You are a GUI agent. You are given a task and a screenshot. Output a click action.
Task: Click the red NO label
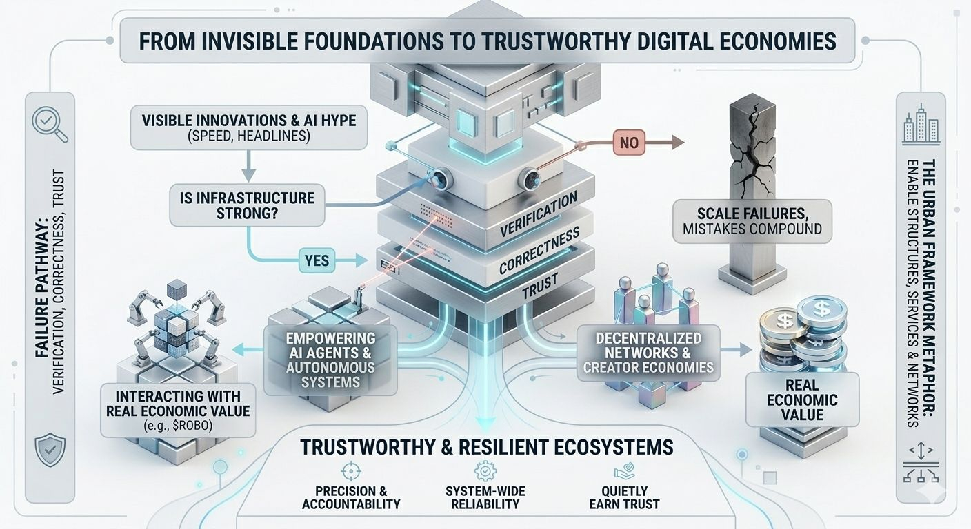(628, 143)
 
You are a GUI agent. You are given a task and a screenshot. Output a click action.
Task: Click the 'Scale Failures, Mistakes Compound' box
(751, 220)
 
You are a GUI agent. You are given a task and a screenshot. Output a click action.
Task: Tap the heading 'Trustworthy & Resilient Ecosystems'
(486, 447)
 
